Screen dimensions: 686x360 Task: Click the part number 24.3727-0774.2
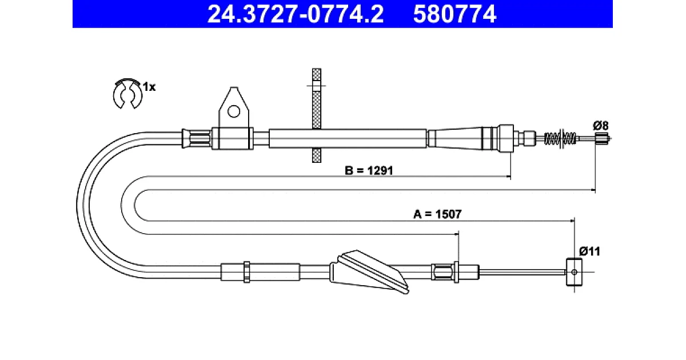(295, 14)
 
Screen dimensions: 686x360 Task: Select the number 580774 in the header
(455, 14)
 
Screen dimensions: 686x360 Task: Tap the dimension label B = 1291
(369, 170)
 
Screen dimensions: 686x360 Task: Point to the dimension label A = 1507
(437, 214)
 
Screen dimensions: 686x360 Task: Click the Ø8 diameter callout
(601, 126)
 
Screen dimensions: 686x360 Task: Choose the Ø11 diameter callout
(589, 251)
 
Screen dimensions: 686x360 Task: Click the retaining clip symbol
(127, 93)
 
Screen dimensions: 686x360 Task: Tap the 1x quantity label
(149, 87)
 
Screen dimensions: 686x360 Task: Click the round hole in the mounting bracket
(234, 112)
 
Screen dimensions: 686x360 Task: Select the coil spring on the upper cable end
(560, 138)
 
